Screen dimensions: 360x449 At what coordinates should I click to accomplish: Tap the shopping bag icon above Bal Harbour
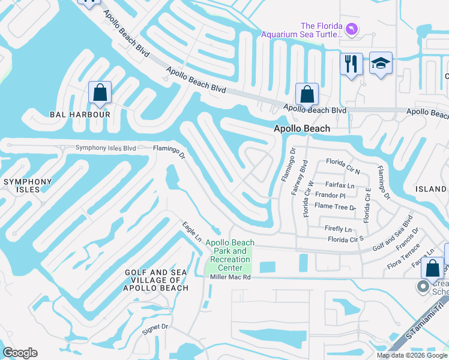100,93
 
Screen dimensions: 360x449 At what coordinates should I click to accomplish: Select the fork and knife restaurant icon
351,64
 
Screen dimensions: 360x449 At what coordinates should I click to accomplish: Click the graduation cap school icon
381,64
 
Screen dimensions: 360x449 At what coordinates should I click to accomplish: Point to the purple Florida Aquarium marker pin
352,28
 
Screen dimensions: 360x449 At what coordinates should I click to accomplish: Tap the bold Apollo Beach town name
302,128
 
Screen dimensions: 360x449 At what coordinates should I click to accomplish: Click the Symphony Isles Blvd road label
106,148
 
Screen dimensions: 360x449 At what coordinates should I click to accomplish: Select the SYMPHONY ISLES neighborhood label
28,185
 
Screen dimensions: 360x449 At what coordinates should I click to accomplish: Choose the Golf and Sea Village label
156,280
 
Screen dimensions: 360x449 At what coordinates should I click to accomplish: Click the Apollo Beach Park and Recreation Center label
230,255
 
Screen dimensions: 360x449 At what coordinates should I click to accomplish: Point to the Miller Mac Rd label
229,277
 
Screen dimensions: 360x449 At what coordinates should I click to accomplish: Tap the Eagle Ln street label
192,232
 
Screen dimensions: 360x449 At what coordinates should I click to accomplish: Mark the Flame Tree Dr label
335,206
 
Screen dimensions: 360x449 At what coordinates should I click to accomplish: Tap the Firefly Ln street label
338,229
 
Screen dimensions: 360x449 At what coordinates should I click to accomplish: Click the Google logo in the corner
20,353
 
